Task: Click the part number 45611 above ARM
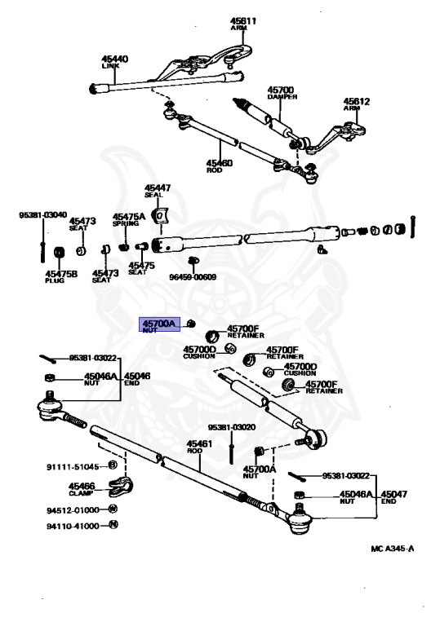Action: tap(242, 20)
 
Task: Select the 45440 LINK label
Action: tap(114, 61)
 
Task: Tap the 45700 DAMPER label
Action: tap(282, 93)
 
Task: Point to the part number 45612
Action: tap(357, 101)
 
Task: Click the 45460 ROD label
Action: tap(220, 165)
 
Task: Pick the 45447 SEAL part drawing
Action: tap(160, 215)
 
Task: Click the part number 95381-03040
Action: tap(42, 215)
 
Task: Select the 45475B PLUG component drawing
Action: tap(60, 253)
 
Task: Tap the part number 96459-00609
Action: tap(193, 276)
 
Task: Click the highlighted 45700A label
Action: tap(159, 324)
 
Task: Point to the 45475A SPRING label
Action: tap(128, 219)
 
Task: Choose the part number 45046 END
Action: tap(137, 379)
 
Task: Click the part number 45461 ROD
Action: tap(199, 447)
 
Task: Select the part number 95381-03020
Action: tap(231, 427)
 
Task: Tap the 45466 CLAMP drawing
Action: tap(120, 487)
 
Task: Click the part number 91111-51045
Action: tap(73, 466)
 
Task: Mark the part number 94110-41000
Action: tap(73, 527)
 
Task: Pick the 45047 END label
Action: tap(393, 496)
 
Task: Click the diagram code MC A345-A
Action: tap(393, 549)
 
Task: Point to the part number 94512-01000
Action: tap(73, 510)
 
